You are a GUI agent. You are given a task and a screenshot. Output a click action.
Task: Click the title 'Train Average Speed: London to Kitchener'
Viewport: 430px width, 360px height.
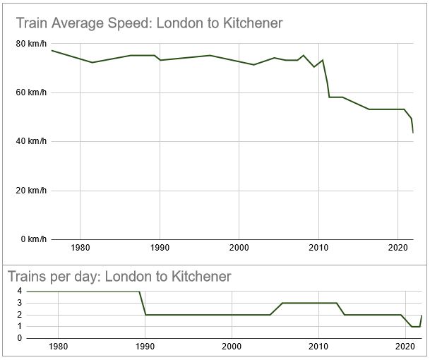pyautogui.click(x=149, y=23)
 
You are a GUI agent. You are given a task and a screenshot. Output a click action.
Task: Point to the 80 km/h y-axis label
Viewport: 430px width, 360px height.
pyautogui.click(x=32, y=44)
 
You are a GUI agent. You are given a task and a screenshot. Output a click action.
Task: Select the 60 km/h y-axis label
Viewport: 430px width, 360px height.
pyautogui.click(x=32, y=92)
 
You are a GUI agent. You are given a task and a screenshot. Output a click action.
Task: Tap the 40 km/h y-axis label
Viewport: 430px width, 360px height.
pyautogui.click(x=32, y=141)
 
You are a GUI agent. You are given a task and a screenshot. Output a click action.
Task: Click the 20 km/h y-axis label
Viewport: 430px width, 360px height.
pyautogui.click(x=32, y=190)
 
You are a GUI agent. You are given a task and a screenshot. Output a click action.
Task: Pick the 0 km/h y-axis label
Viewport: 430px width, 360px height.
pyautogui.click(x=34, y=239)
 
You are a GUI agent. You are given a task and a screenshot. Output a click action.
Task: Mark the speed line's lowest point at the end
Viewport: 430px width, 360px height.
pyautogui.click(x=413, y=133)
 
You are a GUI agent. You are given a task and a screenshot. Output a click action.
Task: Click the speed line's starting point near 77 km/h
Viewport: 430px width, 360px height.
pyautogui.click(x=52, y=50)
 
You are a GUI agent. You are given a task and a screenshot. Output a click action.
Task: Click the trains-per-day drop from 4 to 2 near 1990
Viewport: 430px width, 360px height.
pyautogui.click(x=142, y=304)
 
